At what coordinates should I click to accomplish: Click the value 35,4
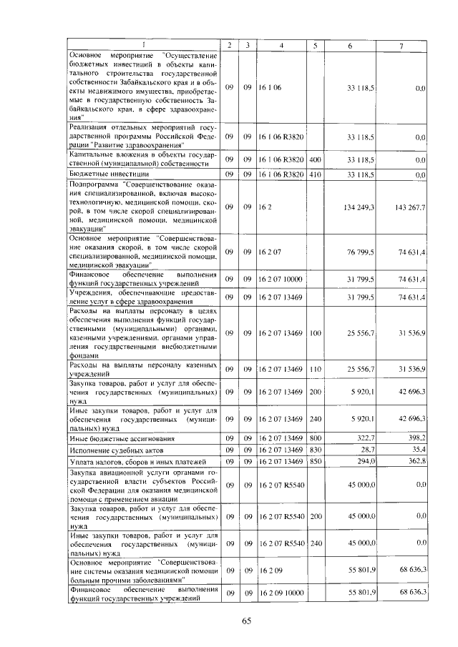point(416,450)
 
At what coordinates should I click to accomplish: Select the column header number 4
point(281,45)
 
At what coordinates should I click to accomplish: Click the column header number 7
point(401,45)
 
